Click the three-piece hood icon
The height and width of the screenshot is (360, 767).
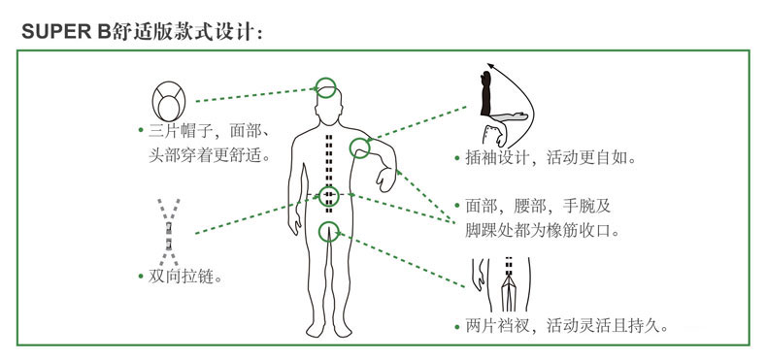coord(169,101)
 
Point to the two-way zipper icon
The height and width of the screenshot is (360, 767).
coord(168,232)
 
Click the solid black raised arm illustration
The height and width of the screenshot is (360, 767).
coord(485,93)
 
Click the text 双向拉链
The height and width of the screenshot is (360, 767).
coord(181,277)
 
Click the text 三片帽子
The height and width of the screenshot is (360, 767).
coord(181,132)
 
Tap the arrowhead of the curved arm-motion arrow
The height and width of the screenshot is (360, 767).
coord(490,66)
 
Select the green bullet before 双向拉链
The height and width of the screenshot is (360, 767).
coord(141,278)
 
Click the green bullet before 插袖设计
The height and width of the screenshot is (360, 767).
coord(457,158)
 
